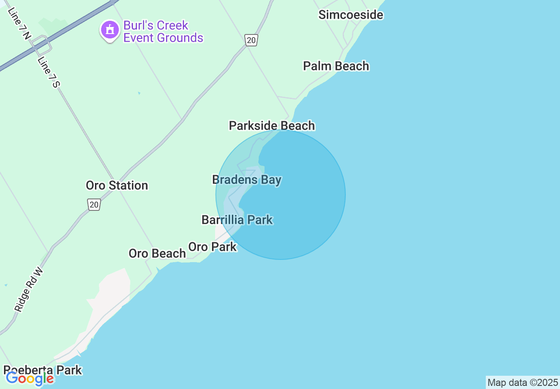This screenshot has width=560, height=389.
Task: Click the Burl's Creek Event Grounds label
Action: click(163, 31)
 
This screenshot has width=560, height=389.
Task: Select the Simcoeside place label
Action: click(351, 15)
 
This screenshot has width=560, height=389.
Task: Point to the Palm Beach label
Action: click(336, 66)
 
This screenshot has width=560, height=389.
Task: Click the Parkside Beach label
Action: click(272, 126)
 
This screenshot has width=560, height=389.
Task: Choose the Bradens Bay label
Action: click(246, 180)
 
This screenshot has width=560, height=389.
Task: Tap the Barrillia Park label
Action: click(237, 220)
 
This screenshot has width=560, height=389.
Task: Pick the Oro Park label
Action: click(212, 247)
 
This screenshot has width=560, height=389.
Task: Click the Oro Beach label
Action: click(157, 253)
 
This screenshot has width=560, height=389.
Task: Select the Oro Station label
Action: click(117, 185)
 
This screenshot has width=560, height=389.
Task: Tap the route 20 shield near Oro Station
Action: click(94, 204)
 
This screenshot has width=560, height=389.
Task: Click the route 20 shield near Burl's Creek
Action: click(251, 41)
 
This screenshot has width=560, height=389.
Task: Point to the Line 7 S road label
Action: click(48, 72)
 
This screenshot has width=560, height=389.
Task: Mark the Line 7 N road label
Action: click(19, 23)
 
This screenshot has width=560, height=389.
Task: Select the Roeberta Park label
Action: click(43, 370)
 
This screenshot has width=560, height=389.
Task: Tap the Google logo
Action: click(30, 379)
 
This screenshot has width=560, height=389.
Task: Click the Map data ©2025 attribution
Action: click(522, 382)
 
